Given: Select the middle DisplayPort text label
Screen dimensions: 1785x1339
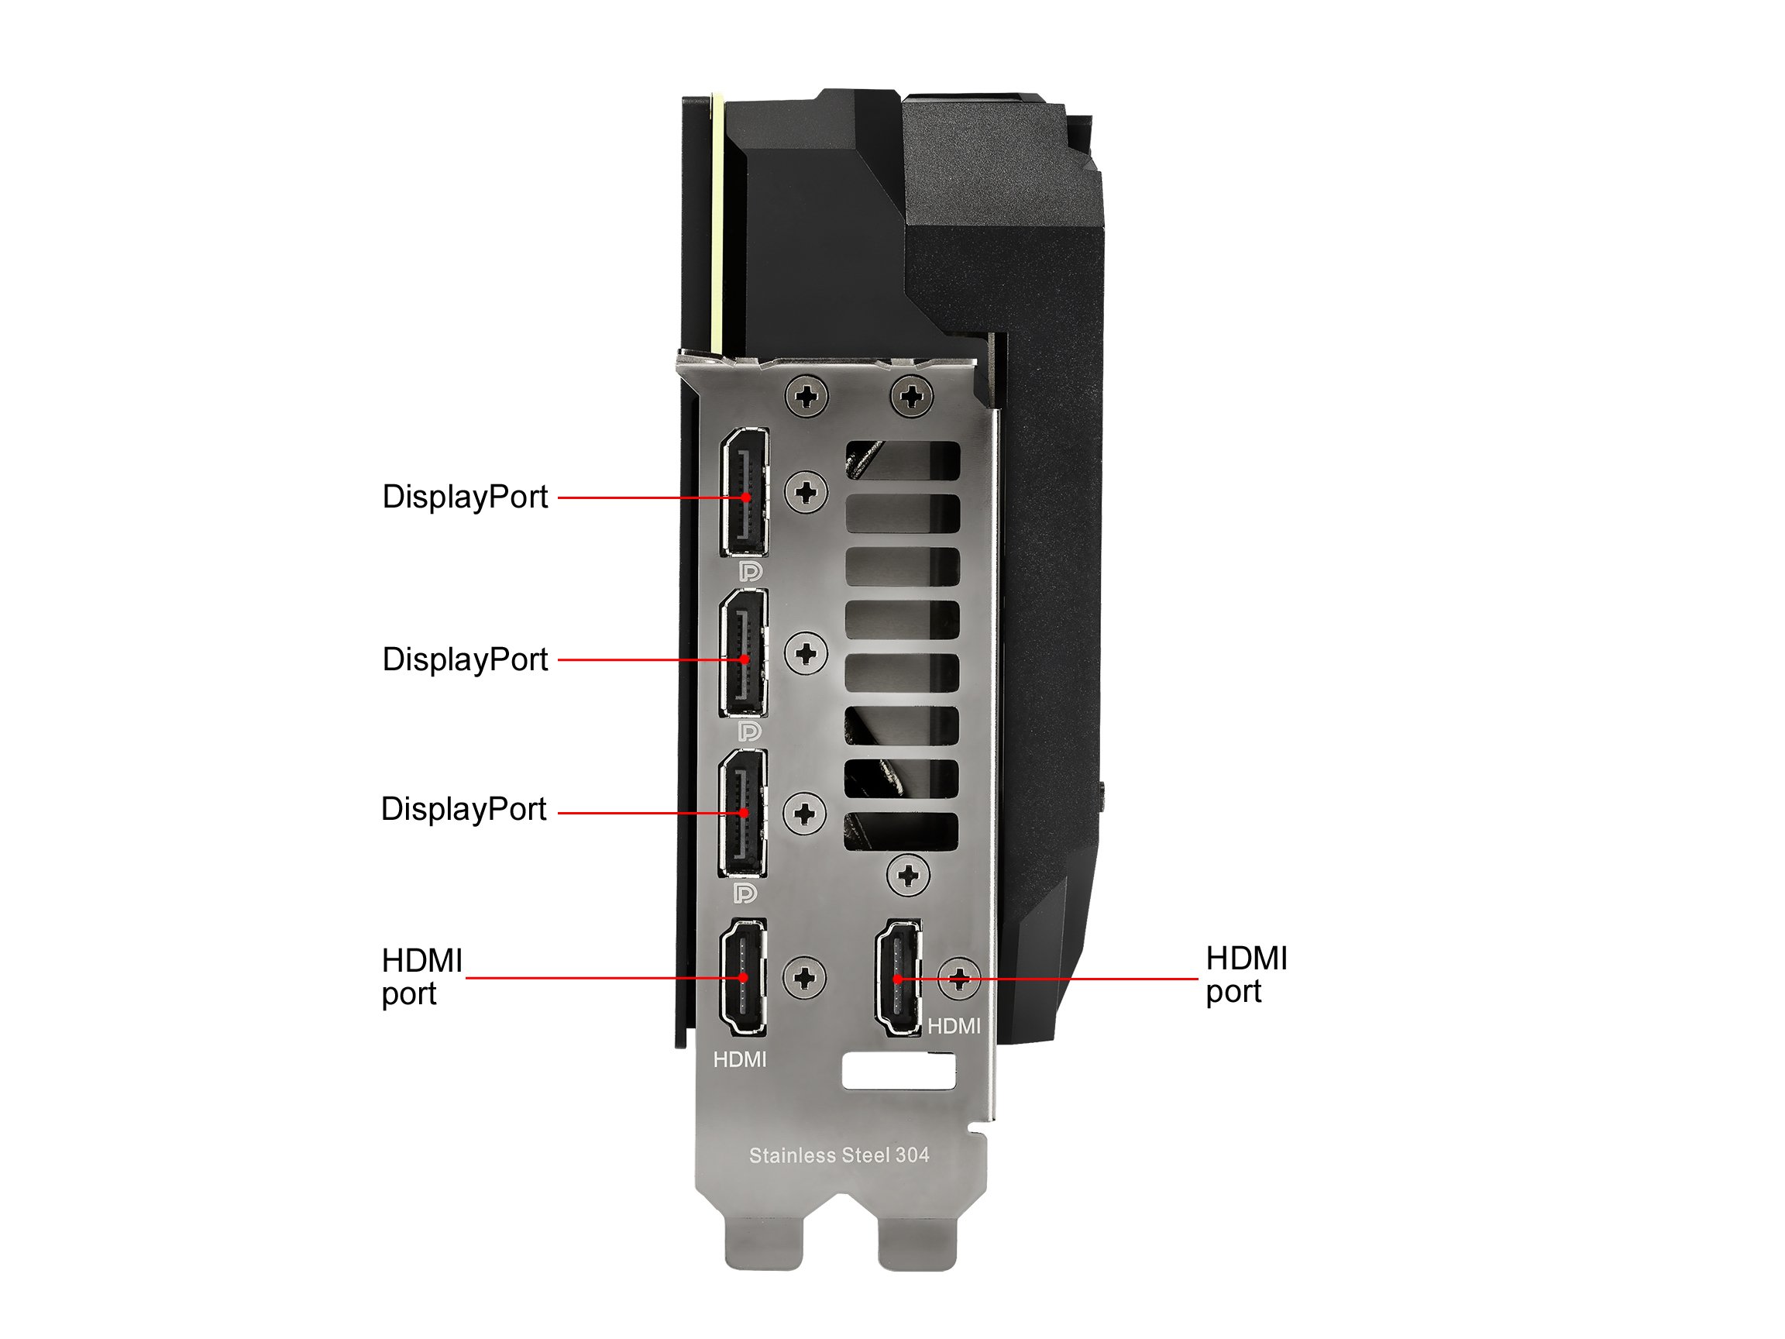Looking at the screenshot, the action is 465,660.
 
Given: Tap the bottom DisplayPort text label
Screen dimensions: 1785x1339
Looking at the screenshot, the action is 463,810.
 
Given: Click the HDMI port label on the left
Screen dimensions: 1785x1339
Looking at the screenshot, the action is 422,977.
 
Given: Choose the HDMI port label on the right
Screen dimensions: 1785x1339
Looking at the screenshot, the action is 1247,975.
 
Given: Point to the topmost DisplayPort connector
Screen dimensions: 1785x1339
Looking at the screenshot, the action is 745,491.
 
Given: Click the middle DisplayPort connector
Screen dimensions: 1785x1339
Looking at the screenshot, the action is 743,652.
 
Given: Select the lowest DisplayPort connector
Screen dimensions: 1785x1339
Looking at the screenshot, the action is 742,813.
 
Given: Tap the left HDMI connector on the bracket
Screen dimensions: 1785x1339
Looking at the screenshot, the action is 742,977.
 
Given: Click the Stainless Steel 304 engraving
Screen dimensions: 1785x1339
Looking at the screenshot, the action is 839,1156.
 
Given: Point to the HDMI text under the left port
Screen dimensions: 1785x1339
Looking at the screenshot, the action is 740,1060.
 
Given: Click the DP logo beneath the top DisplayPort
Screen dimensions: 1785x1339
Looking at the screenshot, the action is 751,571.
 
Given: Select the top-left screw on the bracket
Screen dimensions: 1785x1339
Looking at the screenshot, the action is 807,396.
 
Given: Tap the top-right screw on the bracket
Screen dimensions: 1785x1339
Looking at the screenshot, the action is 912,396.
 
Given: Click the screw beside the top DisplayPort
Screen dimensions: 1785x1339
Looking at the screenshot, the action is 807,491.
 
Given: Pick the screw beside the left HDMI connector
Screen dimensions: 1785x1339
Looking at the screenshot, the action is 804,978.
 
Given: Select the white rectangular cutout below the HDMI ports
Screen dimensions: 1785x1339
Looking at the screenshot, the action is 898,1071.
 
